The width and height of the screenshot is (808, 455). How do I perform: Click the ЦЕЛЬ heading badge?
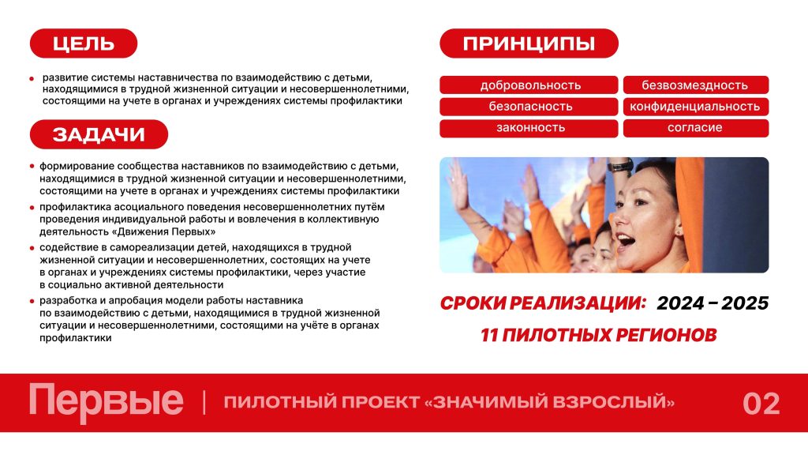[84, 43]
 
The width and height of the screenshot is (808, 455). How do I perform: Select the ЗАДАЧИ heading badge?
[99, 134]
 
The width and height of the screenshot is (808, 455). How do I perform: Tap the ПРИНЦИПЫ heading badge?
[529, 43]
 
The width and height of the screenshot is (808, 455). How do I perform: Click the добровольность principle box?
[529, 85]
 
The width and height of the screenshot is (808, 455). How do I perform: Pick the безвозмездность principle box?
[696, 85]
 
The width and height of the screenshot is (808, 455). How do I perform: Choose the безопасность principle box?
[529, 107]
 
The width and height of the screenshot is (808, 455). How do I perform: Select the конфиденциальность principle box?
[696, 107]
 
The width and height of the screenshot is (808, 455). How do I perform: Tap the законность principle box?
[529, 128]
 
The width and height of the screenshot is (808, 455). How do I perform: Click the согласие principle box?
[696, 128]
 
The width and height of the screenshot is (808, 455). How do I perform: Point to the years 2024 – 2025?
[713, 303]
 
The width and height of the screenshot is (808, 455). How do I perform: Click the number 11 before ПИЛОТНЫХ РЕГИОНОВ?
[488, 335]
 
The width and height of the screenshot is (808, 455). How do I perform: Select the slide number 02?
[761, 404]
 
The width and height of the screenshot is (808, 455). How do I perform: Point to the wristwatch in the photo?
[620, 166]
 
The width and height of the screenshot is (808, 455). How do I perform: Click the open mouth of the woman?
[626, 240]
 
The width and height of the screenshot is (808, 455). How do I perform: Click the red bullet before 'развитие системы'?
[32, 79]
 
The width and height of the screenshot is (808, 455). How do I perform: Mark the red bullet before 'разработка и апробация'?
[32, 301]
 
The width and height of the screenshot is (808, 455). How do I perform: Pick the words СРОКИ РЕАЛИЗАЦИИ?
[543, 303]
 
